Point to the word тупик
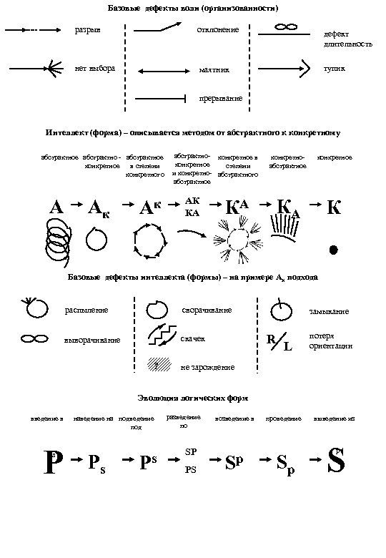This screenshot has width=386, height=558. [x=334, y=69]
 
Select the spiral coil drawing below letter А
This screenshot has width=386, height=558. [x=58, y=236]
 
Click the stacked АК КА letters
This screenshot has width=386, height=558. [x=192, y=205]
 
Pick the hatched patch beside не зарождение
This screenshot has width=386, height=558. [x=158, y=363]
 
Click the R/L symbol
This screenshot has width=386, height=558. [x=278, y=342]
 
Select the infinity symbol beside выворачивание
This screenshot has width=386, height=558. [x=33, y=338]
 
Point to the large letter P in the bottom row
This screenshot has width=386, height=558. [x=51, y=461]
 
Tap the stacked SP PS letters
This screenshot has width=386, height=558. [x=190, y=461]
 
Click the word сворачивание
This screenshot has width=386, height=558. [x=207, y=310]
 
